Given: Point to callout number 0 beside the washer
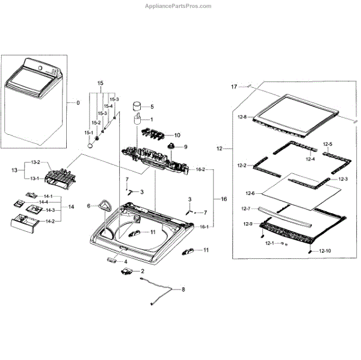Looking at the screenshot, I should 78,103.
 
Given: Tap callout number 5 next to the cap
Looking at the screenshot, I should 152,107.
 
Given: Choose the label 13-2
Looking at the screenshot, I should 35,163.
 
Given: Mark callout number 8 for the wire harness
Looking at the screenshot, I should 184,290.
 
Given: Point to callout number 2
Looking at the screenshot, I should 143,272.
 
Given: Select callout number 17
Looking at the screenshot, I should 235,87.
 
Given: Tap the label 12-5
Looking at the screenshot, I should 327,144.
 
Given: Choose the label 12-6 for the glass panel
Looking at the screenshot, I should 250,193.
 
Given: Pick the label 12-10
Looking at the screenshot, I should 325,250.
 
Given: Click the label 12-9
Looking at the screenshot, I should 248,224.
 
